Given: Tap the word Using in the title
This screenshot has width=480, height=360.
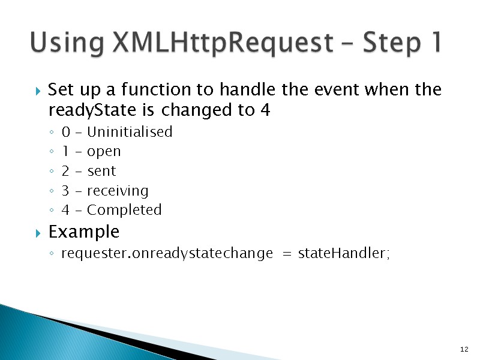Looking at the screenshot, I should click(x=65, y=43).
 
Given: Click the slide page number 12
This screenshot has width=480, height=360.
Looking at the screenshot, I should click(x=464, y=349).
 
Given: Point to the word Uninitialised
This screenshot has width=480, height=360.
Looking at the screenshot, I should click(x=130, y=132).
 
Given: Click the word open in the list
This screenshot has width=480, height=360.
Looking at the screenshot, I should click(x=104, y=151).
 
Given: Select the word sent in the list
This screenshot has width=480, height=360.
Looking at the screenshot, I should click(x=101, y=171).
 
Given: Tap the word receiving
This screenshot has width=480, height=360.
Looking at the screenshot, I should click(x=118, y=191).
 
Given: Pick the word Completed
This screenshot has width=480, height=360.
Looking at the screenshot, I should click(x=124, y=210).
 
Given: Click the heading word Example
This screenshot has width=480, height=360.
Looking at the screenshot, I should click(x=83, y=232).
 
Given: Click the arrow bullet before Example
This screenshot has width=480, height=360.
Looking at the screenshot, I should click(x=37, y=232).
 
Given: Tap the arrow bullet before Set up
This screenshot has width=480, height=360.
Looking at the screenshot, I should click(x=37, y=92).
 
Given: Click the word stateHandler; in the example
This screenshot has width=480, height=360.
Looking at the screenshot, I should click(x=344, y=254).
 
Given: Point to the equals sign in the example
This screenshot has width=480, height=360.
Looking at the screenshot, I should click(x=286, y=254).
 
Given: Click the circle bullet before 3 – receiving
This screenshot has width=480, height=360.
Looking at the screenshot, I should click(x=53, y=191).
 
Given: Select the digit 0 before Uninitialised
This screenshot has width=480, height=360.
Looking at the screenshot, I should click(x=65, y=132).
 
